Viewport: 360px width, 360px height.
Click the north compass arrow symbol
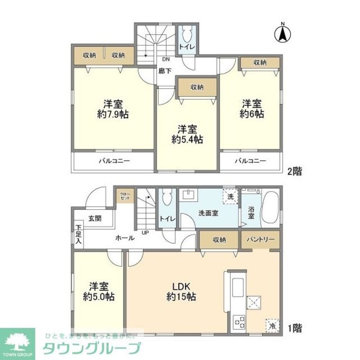click(x=283, y=34)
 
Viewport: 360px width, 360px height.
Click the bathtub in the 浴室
click(x=270, y=208)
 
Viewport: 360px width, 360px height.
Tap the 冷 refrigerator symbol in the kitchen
click(x=273, y=326)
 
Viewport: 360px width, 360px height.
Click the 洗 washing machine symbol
click(x=230, y=197)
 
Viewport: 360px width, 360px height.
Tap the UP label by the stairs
click(x=145, y=233)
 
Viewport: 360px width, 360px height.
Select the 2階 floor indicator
click(x=294, y=172)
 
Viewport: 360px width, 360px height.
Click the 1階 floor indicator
click(x=294, y=328)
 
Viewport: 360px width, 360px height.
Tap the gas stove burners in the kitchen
click(x=239, y=321)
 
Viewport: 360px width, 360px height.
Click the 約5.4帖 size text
click(x=187, y=139)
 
